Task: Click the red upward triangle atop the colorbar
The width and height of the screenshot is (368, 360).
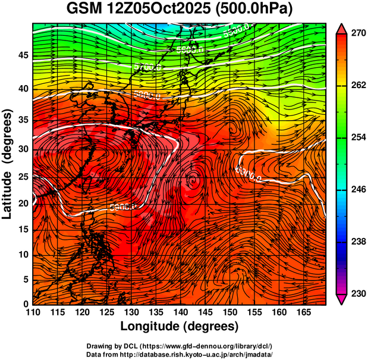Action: (342, 29)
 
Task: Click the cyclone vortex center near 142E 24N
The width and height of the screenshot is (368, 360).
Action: (193, 177)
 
